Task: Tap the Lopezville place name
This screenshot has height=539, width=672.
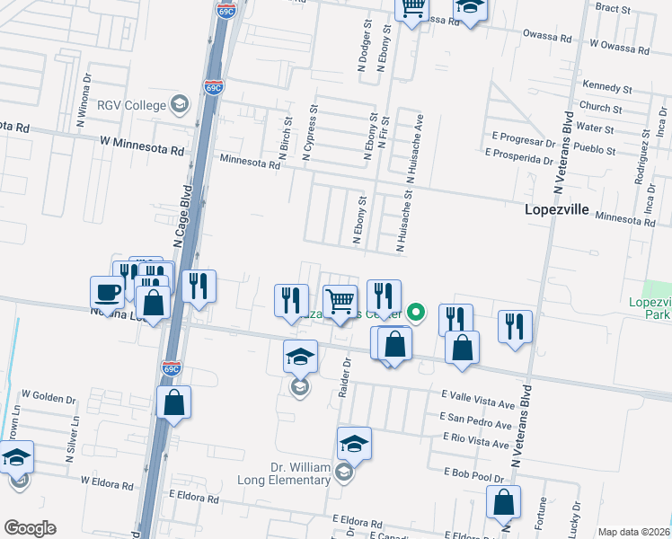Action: pyautogui.click(x=556, y=209)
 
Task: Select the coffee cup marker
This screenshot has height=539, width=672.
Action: pyautogui.click(x=108, y=294)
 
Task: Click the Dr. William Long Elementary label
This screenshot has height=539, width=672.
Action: pyautogui.click(x=300, y=473)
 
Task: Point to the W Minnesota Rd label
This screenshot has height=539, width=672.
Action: pyautogui.click(x=142, y=141)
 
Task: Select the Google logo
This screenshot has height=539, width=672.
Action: pyautogui.click(x=30, y=528)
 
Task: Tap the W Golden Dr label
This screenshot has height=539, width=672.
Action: pyautogui.click(x=50, y=394)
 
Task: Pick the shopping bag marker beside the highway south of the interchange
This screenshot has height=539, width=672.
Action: pyautogui.click(x=173, y=404)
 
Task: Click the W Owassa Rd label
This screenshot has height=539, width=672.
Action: pyautogui.click(x=619, y=42)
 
